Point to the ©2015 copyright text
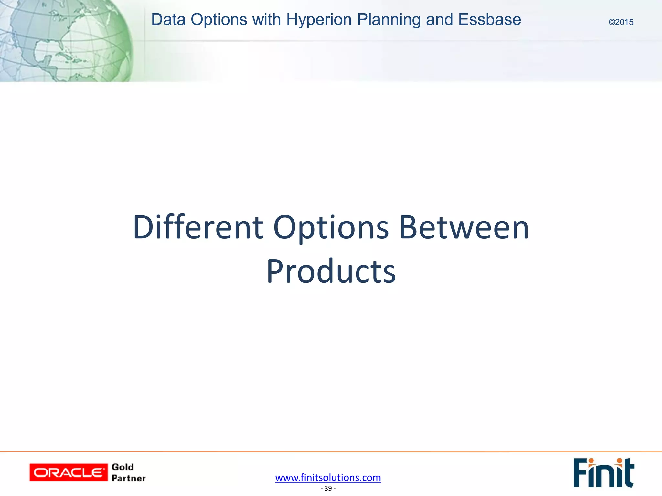click(x=621, y=22)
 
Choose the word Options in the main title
click(x=331, y=228)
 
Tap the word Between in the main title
click(x=464, y=227)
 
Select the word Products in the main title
click(x=331, y=271)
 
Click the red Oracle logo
click(x=69, y=472)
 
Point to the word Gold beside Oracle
click(x=123, y=467)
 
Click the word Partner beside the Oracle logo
click(x=129, y=478)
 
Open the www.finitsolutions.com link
click(x=328, y=477)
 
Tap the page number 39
click(x=328, y=488)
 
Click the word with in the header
click(x=267, y=19)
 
